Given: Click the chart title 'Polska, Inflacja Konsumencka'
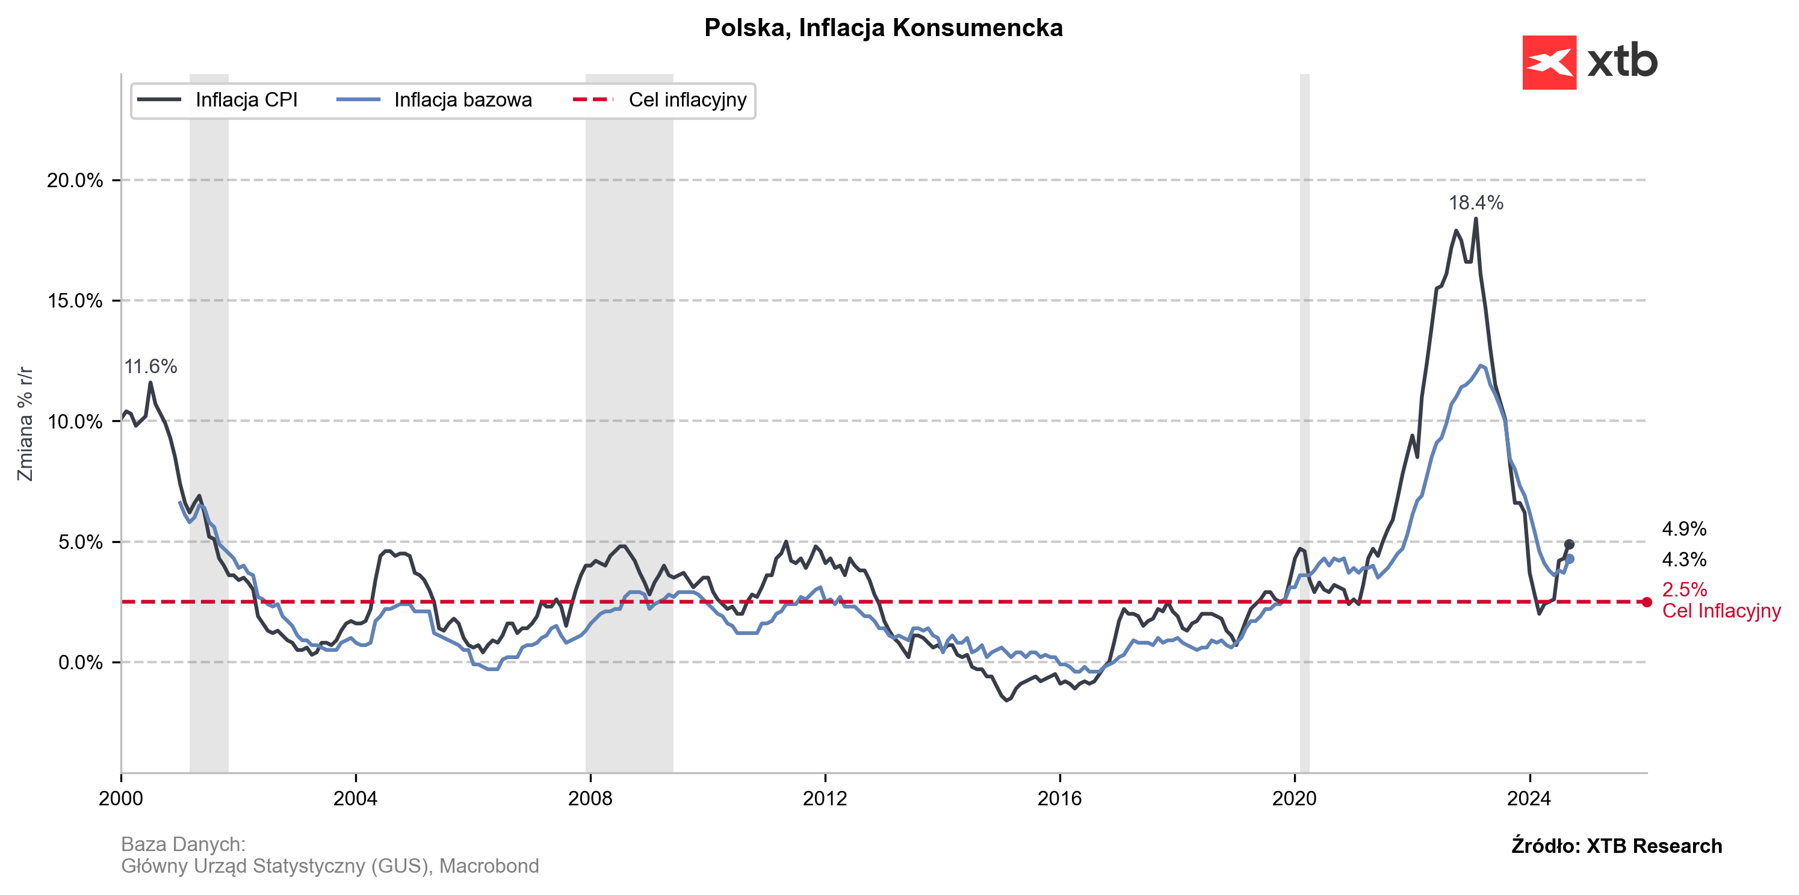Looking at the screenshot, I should click(883, 28).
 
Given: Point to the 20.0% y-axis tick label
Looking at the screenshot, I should click(75, 180).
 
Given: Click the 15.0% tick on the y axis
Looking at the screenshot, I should click(75, 301).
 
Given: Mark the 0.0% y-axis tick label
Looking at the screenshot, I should click(80, 663).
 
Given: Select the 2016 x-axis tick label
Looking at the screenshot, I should click(1059, 799).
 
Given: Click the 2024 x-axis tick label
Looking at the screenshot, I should click(1529, 799).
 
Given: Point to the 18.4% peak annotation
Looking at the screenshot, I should click(1475, 203).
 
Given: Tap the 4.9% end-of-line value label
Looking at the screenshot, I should click(1683, 529).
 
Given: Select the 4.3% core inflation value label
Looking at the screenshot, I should click(1683, 560).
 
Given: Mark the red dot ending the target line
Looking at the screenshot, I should click(1647, 602).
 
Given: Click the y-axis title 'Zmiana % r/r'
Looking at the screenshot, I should click(26, 423).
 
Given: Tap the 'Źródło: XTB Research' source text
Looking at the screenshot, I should click(1616, 846).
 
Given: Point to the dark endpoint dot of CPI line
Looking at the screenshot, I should click(1568, 545).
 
